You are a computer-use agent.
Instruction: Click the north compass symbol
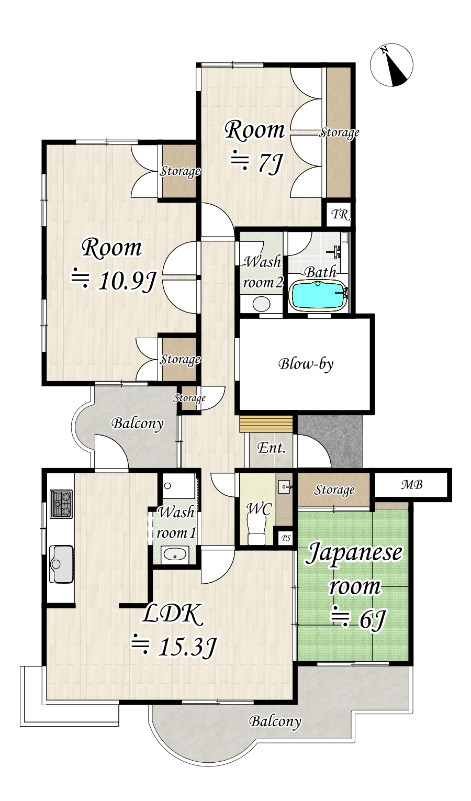pos(391,65)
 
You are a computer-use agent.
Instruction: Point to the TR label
pos(340,215)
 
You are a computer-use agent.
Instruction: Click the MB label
pos(412,485)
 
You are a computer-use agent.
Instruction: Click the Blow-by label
pos(306,364)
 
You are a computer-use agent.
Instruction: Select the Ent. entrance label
pos(271,448)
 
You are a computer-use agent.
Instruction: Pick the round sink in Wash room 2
pos(261,304)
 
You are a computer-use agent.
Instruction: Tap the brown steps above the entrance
pos(266,424)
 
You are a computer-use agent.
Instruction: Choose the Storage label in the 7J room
pos(339,132)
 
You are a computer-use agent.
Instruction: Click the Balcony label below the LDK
pos(275,721)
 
